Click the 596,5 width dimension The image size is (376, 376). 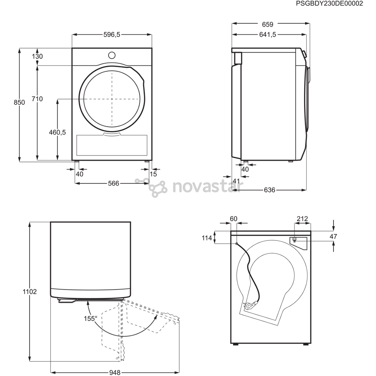tap(112, 34)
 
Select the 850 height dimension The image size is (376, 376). tap(19, 102)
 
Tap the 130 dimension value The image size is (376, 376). tap(38, 56)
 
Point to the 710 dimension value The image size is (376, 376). tap(37, 99)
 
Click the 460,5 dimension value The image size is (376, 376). tap(57, 132)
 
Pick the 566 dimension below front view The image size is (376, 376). tap(113, 183)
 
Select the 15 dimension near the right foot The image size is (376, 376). tap(153, 174)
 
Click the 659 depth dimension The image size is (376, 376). tap(268, 24)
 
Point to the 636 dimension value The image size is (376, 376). tap(269, 190)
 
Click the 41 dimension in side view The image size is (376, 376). tap(236, 181)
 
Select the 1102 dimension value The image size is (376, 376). tap(30, 292)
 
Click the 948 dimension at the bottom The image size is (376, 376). tap(115, 373)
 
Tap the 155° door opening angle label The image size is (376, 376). tap(90, 318)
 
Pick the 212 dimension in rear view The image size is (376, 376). tap(302, 219)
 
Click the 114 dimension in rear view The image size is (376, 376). tap(207, 238)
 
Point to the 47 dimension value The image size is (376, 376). tap(333, 237)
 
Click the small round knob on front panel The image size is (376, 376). tap(112, 55)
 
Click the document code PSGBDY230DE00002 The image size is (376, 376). tap(329, 3)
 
